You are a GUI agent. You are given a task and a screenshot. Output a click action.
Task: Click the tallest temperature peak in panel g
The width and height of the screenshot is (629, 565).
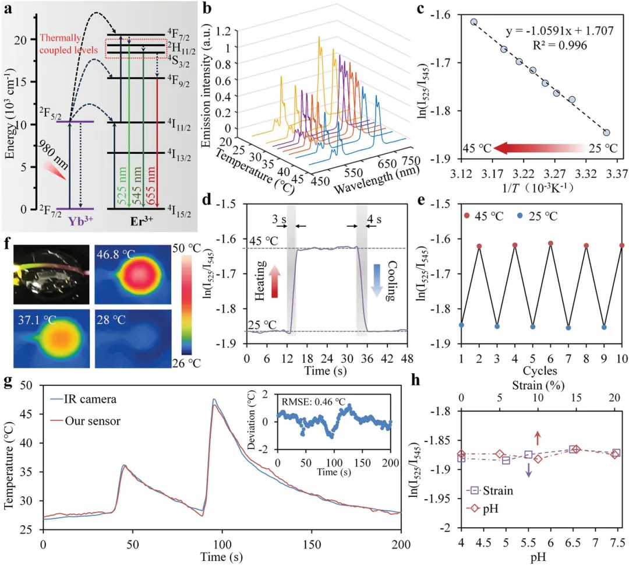point(214,400)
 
